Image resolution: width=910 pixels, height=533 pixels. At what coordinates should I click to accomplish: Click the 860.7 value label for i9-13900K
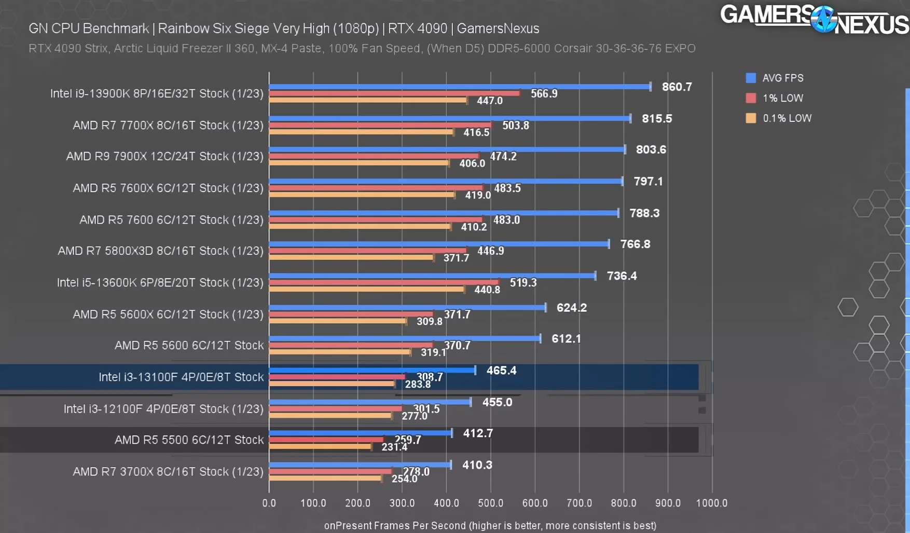tap(677, 87)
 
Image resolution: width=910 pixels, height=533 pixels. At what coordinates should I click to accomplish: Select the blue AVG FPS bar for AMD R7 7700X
tap(449, 118)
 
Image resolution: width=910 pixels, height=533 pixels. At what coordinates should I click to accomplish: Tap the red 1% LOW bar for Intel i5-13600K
tap(384, 282)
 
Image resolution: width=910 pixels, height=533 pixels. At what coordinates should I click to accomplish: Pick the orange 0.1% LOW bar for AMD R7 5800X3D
tap(351, 257)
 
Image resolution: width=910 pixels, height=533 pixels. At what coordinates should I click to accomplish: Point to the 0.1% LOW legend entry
tap(778, 118)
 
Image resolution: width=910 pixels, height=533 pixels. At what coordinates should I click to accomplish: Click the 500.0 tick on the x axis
tap(490, 503)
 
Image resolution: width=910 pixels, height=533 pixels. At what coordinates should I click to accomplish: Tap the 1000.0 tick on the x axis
tap(711, 503)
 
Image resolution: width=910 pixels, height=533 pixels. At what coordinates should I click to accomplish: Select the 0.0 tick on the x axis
tap(269, 503)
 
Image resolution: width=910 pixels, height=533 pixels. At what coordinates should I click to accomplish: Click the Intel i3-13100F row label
tap(181, 377)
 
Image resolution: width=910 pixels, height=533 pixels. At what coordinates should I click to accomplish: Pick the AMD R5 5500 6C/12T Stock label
tap(189, 440)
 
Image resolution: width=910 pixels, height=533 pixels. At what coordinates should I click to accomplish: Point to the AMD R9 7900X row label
tap(164, 157)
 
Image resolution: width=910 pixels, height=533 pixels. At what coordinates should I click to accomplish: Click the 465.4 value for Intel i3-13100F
tap(501, 371)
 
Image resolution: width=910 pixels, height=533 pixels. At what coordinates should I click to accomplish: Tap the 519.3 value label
tap(523, 283)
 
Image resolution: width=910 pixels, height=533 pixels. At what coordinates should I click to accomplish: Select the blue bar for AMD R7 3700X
tap(360, 464)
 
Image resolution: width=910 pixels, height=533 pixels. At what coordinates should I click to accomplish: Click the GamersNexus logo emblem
tap(824, 20)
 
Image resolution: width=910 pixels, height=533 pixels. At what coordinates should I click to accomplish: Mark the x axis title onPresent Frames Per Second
tap(490, 526)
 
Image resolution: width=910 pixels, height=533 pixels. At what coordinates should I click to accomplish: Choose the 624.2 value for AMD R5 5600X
tap(571, 308)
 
